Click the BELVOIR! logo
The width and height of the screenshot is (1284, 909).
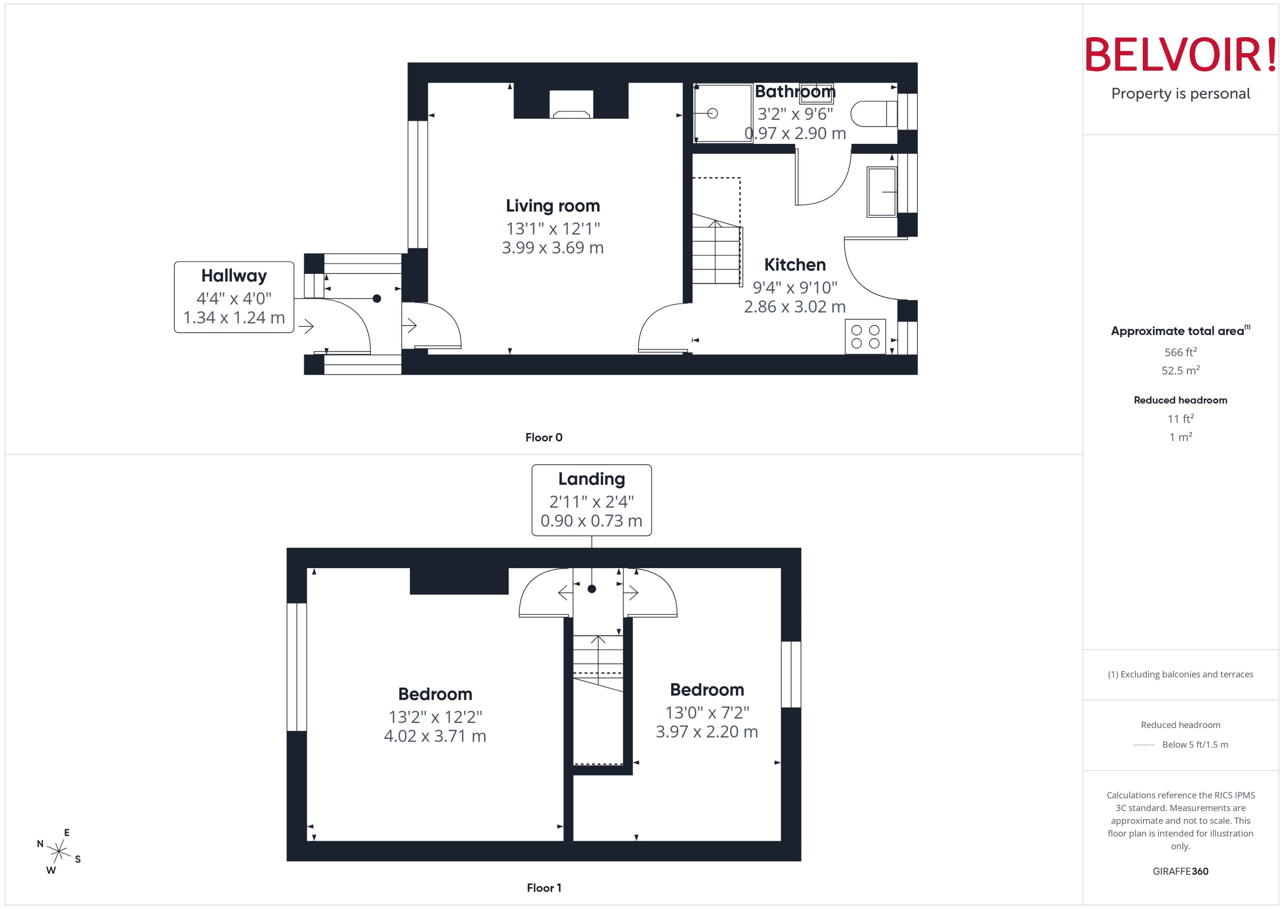click(1181, 55)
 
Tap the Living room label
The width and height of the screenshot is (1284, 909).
click(553, 206)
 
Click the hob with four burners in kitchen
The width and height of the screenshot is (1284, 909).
click(865, 337)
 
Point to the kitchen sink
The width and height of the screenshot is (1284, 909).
click(882, 192)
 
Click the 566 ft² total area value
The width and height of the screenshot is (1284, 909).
click(1181, 352)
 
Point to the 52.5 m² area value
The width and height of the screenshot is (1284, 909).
click(1181, 371)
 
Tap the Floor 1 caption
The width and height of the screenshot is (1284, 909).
click(544, 888)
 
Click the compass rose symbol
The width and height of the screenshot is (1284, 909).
click(59, 852)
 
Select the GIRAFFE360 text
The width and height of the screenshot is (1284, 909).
click(1181, 872)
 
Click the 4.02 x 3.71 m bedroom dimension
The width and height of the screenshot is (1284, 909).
click(435, 736)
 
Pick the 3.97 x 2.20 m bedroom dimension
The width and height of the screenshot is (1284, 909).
click(707, 731)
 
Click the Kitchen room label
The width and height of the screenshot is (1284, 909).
click(795, 265)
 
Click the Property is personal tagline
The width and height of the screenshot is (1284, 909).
click(1181, 94)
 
